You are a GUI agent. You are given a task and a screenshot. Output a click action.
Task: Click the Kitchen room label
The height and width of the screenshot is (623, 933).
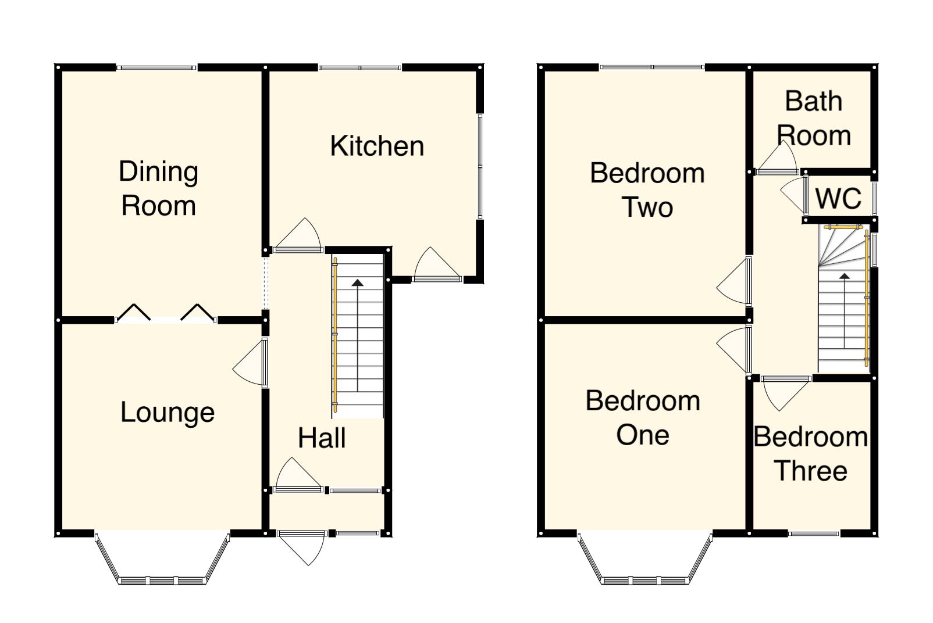(x=377, y=146)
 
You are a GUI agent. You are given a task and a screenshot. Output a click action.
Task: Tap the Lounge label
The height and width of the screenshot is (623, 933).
(x=168, y=413)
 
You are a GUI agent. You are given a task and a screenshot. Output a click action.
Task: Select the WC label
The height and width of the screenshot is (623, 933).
(x=838, y=199)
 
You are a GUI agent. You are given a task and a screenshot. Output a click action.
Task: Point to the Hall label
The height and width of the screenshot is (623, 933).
(x=322, y=438)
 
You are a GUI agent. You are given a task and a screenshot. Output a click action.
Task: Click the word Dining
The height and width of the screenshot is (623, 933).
(x=158, y=172)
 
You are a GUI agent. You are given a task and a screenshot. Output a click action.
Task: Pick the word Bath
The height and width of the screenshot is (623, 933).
(x=813, y=101)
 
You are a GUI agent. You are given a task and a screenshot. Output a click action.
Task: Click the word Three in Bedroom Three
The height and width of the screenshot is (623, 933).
(x=811, y=471)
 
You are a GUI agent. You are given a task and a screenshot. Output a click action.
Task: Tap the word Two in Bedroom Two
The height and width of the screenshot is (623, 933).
(x=647, y=207)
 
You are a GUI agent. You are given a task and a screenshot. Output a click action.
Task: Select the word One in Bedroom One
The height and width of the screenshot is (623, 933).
(x=643, y=435)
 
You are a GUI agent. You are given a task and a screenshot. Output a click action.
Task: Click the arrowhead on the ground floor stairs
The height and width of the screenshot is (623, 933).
(x=357, y=283)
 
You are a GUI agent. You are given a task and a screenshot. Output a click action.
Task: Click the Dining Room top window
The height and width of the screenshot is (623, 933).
(x=156, y=68)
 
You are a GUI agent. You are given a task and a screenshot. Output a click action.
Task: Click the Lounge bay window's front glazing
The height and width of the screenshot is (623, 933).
(x=162, y=580)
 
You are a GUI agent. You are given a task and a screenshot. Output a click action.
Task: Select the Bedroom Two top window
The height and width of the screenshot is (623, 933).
(x=652, y=68)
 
